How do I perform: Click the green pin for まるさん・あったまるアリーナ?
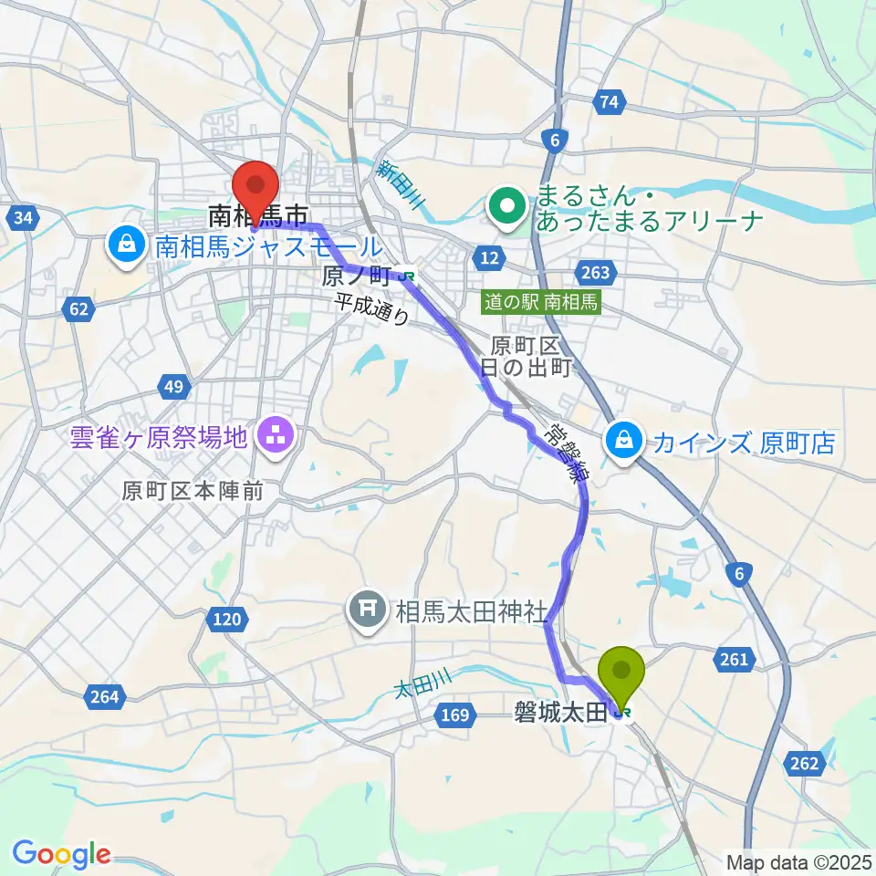pos(506,208)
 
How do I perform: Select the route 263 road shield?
pos(594,272)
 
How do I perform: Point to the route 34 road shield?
pos(24,217)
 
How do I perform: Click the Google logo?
pos(61,854)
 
